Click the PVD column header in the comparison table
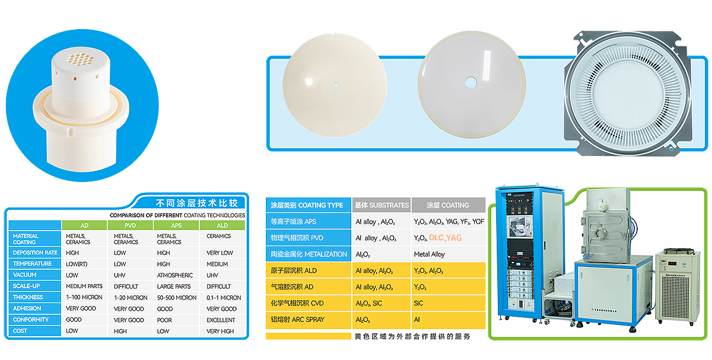tap(131, 225)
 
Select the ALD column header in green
tap(222, 225)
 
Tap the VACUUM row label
tap(24, 275)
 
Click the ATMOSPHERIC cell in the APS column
tap(175, 275)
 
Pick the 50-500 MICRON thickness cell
tap(177, 298)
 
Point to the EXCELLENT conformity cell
tap(221, 320)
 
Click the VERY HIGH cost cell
tap(220, 331)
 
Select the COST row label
tap(20, 331)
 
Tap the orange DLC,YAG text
tap(446, 238)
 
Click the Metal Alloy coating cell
tap(429, 254)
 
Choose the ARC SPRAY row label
tap(297, 319)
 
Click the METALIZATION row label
tap(309, 254)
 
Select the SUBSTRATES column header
tap(382, 205)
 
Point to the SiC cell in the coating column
tap(418, 303)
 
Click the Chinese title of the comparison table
tap(197, 203)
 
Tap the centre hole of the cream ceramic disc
tap(336, 85)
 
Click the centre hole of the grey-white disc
tap(471, 82)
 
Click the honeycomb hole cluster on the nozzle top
tap(81, 59)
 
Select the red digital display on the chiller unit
tap(672, 263)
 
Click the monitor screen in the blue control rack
tap(520, 226)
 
